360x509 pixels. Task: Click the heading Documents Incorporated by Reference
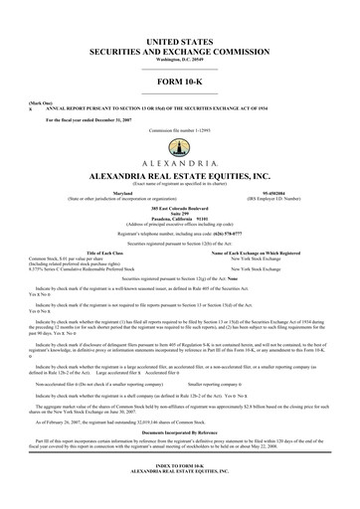point(179,437)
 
